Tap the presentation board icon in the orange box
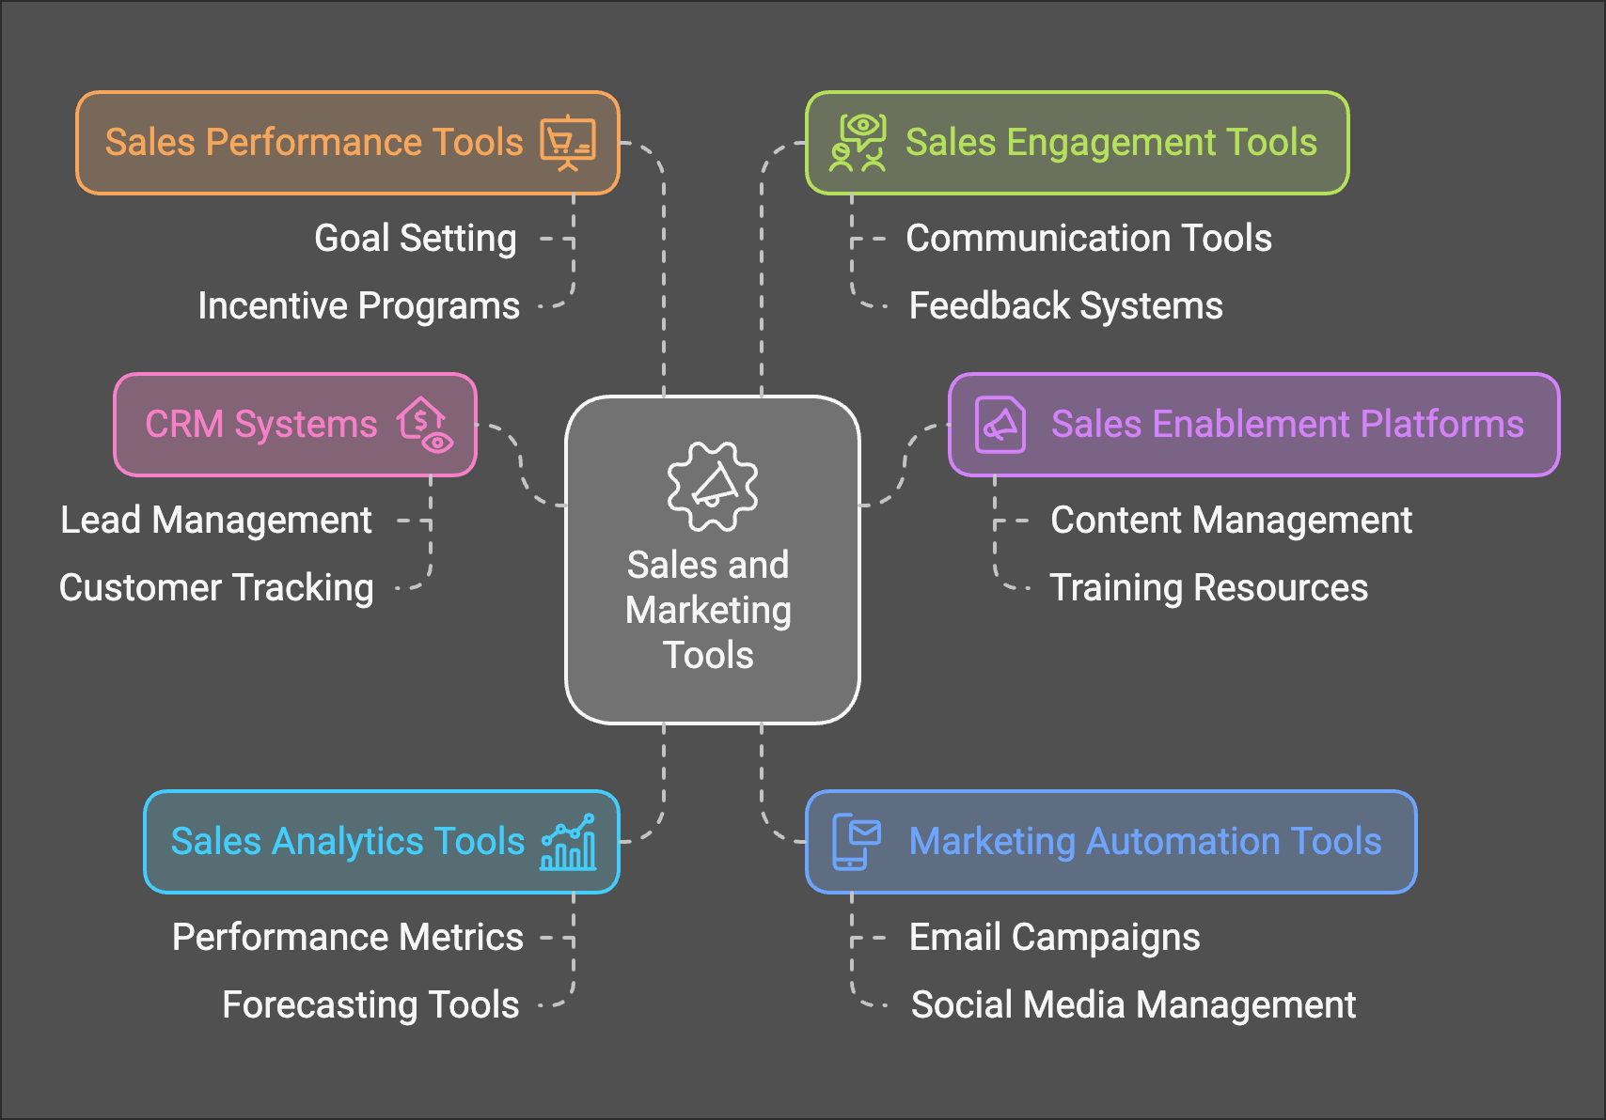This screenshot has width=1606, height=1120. [x=567, y=143]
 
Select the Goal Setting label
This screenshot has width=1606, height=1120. [x=415, y=239]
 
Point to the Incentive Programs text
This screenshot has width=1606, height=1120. [x=358, y=306]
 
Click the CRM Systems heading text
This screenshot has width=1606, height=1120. [x=260, y=425]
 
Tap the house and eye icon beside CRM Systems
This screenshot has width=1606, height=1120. [x=425, y=425]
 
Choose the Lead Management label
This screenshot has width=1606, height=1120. [x=216, y=521]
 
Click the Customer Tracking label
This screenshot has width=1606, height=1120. [x=216, y=588]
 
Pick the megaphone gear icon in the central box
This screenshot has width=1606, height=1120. [x=712, y=486]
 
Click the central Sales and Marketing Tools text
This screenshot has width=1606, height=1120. [x=709, y=610]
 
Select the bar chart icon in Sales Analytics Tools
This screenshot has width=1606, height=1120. [x=568, y=842]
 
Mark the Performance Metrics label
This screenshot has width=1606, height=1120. [x=347, y=938]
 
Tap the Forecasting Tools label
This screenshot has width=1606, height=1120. [x=370, y=1005]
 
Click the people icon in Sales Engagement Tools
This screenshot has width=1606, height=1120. [x=858, y=143]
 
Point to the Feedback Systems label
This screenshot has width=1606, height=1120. [x=1065, y=306]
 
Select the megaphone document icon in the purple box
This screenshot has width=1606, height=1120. [x=1000, y=425]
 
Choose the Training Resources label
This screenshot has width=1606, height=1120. [x=1208, y=588]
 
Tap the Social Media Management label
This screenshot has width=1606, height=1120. [x=1133, y=1005]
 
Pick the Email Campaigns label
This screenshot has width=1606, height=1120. [x=1054, y=938]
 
